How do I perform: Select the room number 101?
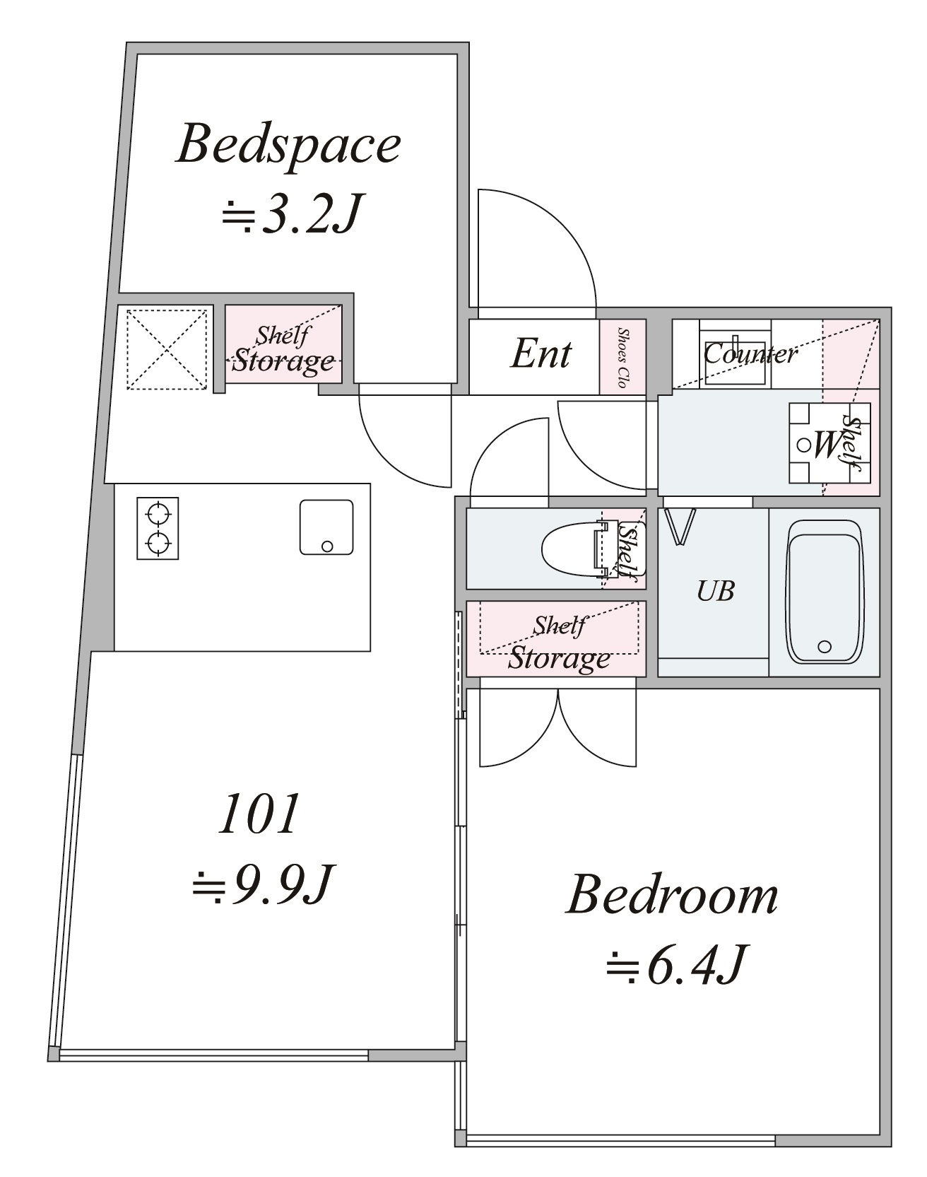click(x=259, y=814)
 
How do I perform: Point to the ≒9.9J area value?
click(x=261, y=884)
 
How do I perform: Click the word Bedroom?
click(x=672, y=895)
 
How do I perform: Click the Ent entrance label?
click(x=541, y=353)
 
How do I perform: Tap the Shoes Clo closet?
click(x=622, y=357)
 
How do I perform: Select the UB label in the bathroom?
click(x=715, y=591)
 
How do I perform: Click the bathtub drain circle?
click(x=824, y=646)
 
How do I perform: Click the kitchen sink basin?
click(x=326, y=527)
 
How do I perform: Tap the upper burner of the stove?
click(x=158, y=510)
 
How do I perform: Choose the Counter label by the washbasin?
click(x=750, y=353)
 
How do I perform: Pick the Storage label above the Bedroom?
click(x=559, y=658)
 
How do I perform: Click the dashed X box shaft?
click(x=166, y=348)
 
